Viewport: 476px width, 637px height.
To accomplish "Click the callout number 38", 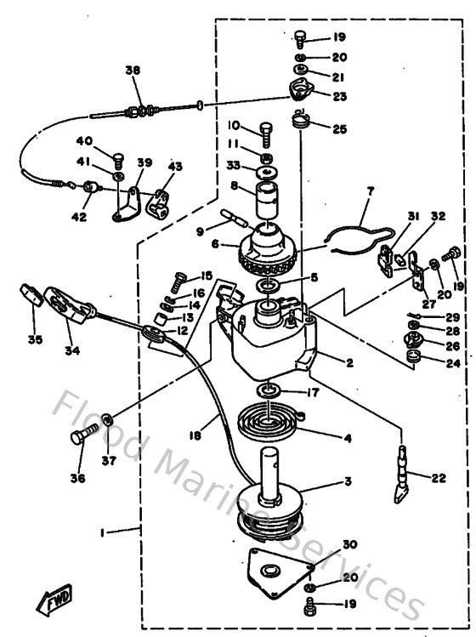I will (x=131, y=72).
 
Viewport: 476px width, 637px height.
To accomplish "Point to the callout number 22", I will (x=438, y=479).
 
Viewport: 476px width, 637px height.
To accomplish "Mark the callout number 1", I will (x=103, y=532).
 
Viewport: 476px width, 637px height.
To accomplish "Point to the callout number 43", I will (x=174, y=166).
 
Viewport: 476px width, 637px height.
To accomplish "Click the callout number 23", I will (x=339, y=97).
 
